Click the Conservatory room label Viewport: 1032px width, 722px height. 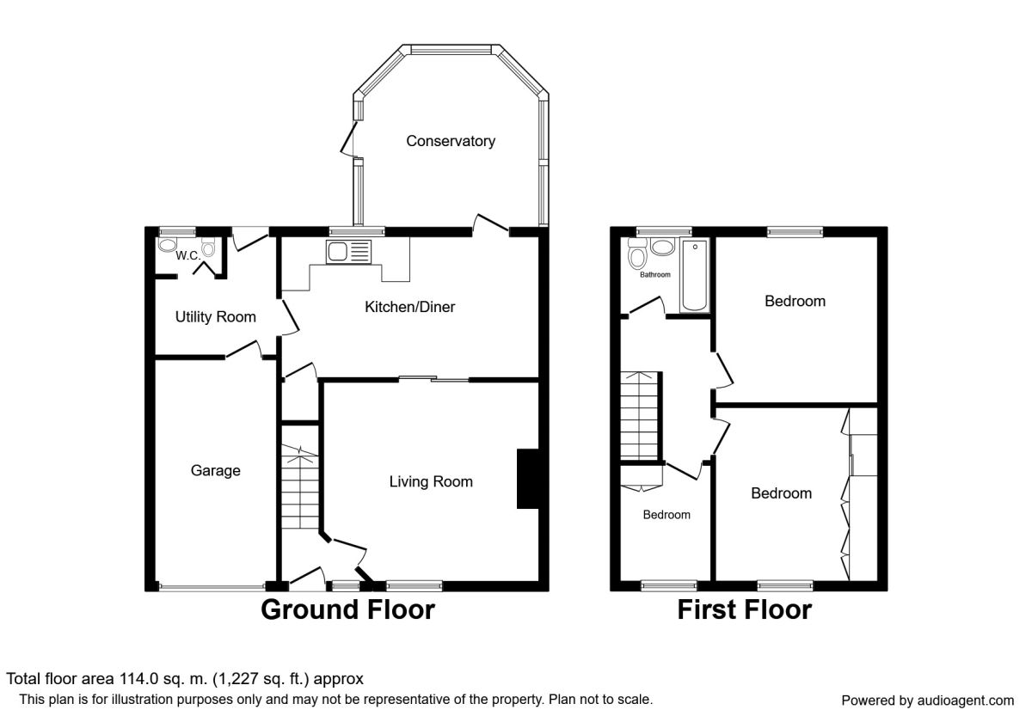pos(451,141)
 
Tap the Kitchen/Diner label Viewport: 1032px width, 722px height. pos(409,307)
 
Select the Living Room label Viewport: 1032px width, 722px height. pos(431,481)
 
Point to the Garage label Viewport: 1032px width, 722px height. pos(216,471)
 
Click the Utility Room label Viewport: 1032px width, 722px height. pos(216,317)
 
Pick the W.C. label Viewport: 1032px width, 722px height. pos(188,255)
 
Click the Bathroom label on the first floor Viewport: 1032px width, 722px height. pos(655,275)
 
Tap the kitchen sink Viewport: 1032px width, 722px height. pos(348,252)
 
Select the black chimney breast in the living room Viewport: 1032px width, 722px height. pos(528,479)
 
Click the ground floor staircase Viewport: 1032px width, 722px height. pos(300,486)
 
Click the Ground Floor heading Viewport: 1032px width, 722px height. pos(347,609)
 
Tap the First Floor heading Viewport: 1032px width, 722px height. pos(745,609)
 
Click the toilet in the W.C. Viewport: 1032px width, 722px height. pos(208,247)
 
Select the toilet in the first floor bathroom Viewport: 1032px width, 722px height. pos(637,254)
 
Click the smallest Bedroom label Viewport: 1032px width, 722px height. pos(666,515)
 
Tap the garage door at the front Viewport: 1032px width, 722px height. pos(212,586)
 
